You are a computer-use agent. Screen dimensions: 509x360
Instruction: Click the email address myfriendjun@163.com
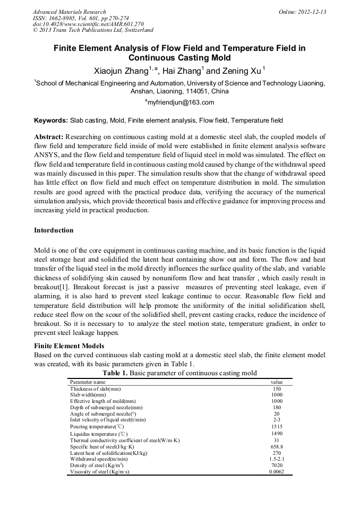click(x=179, y=102)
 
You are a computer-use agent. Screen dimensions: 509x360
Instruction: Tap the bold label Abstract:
click(x=49, y=136)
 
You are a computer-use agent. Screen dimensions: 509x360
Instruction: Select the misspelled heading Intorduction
click(x=54, y=230)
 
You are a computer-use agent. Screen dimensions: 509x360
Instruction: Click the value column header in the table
click(x=277, y=382)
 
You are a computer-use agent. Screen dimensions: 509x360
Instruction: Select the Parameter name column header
click(x=88, y=382)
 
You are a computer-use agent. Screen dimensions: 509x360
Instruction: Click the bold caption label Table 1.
click(x=115, y=373)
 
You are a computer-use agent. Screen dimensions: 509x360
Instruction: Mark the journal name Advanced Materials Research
click(x=69, y=12)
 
